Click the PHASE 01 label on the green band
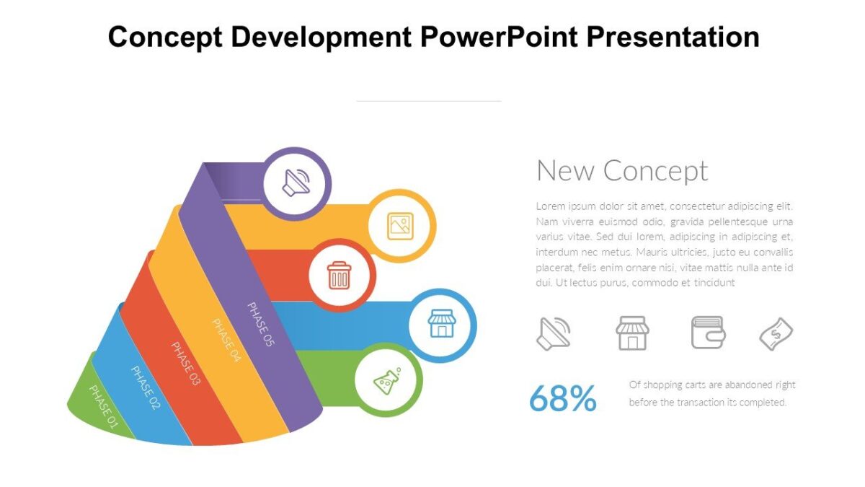[x=103, y=407]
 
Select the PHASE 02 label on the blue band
[x=145, y=387]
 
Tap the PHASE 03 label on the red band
[x=185, y=363]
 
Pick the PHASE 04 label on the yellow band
[x=226, y=339]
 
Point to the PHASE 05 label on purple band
[x=261, y=324]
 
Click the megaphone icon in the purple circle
[x=296, y=183]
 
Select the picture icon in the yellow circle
[x=401, y=226]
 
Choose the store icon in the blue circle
[x=442, y=324]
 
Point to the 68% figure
[x=563, y=398]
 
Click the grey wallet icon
[x=708, y=333]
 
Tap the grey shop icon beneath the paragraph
[x=632, y=333]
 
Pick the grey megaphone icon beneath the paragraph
[x=554, y=333]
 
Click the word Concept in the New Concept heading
[x=655, y=171]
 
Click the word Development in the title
[x=321, y=36]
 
